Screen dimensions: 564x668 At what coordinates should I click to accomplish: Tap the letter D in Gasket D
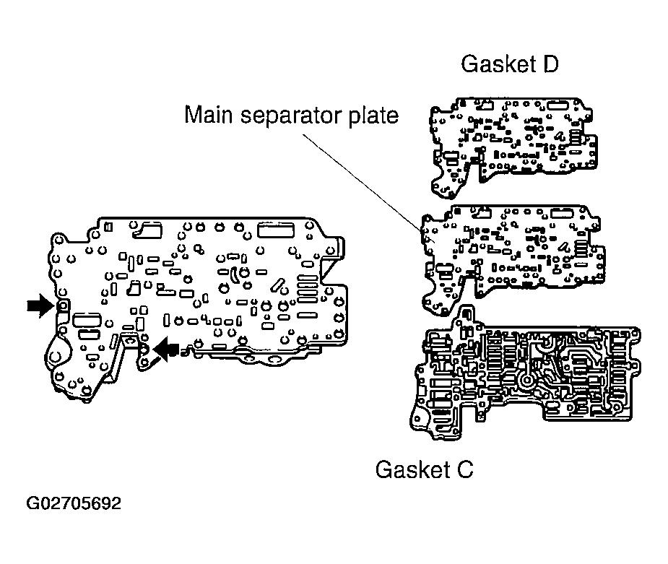[548, 64]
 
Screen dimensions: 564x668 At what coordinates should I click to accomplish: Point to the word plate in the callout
[373, 116]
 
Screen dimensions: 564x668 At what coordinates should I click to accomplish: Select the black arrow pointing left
[166, 350]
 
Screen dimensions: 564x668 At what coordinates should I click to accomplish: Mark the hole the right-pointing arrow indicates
[62, 307]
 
